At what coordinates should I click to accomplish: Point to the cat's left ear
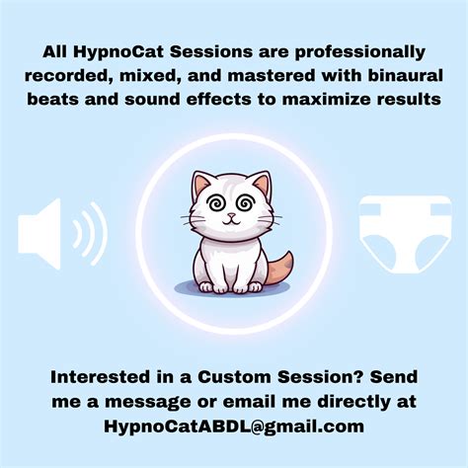click(x=203, y=185)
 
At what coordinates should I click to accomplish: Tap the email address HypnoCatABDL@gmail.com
click(x=233, y=428)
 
